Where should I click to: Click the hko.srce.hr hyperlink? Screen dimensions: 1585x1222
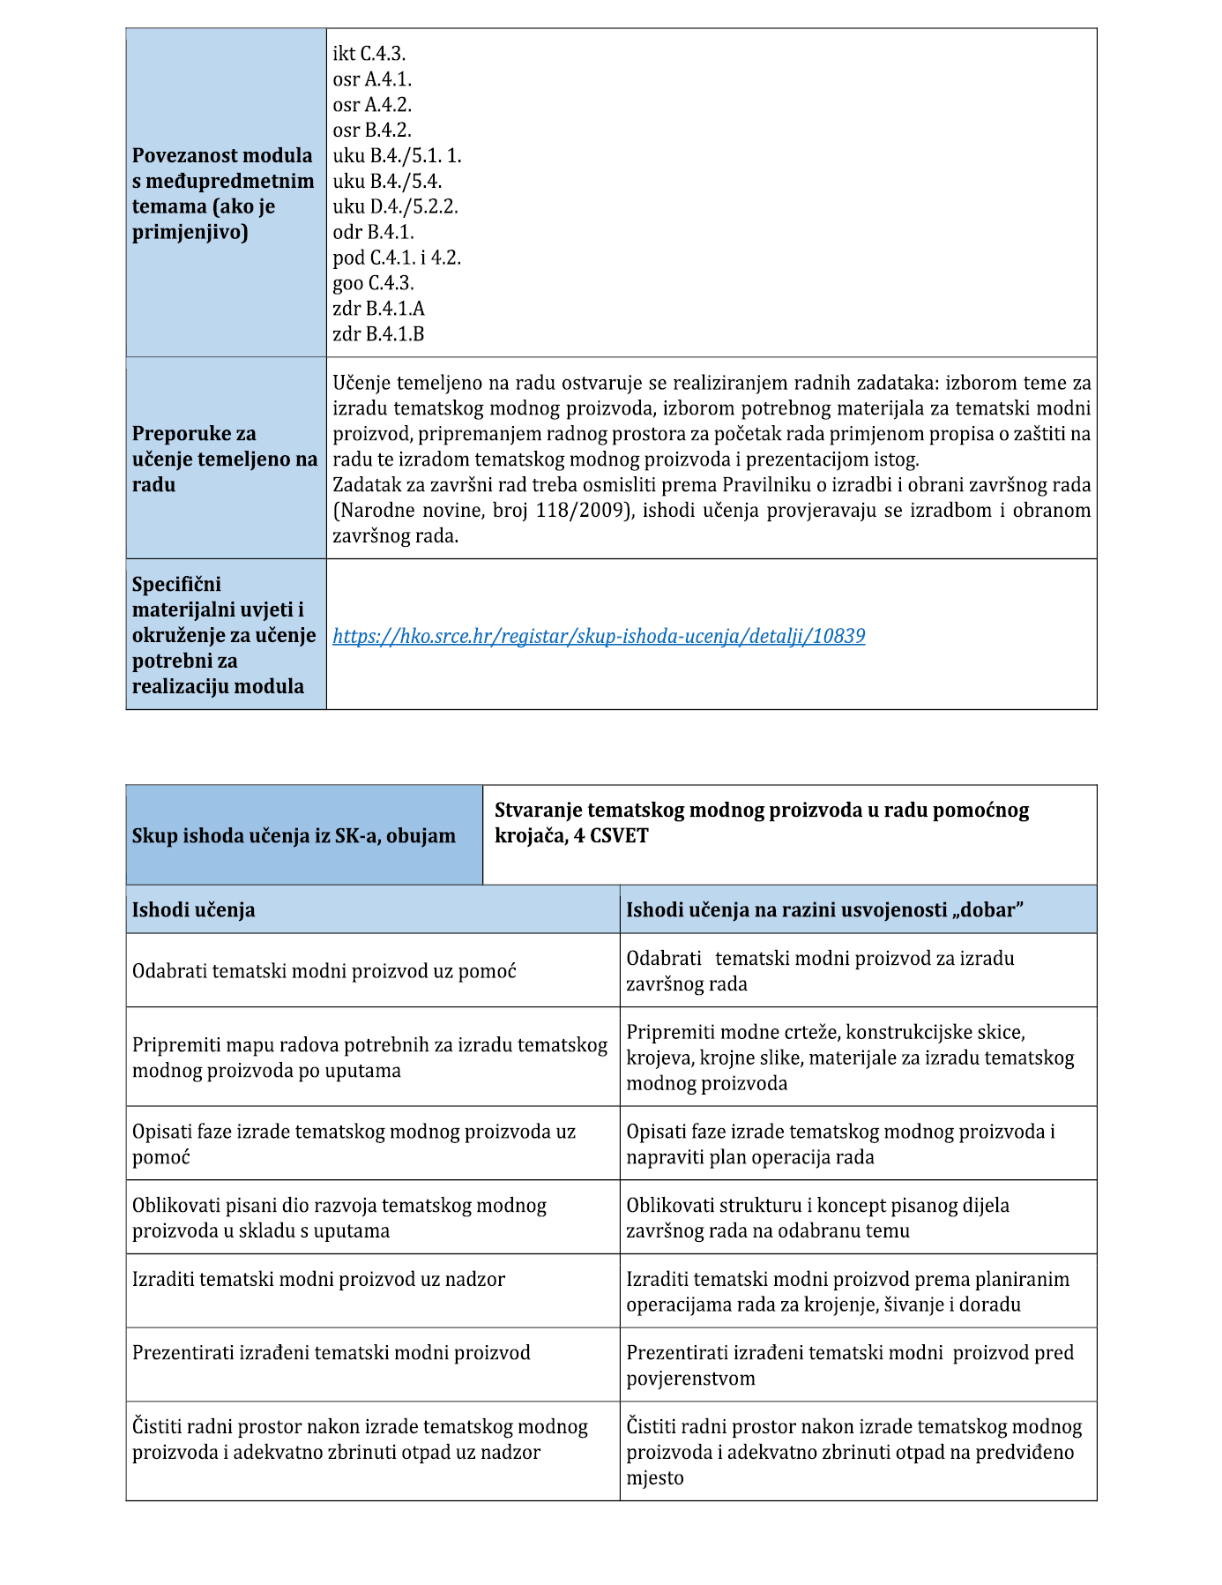click(599, 636)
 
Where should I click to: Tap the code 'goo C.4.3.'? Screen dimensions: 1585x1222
click(373, 283)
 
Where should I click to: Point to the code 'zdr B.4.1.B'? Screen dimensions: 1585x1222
click(378, 334)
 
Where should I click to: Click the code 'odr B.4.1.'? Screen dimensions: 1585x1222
click(373, 232)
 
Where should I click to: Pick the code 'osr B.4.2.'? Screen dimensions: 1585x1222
click(372, 131)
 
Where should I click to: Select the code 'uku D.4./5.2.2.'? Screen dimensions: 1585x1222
click(395, 206)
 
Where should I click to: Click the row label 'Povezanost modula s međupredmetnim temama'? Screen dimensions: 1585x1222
click(223, 193)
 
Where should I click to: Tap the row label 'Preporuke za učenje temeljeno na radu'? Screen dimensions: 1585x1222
click(224, 459)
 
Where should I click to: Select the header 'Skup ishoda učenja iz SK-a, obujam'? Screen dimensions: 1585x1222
click(294, 836)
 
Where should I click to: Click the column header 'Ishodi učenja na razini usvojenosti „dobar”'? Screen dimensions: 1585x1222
click(824, 910)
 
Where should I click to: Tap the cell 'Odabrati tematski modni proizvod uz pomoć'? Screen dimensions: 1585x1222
click(324, 971)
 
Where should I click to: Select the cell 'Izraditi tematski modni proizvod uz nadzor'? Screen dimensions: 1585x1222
click(318, 1279)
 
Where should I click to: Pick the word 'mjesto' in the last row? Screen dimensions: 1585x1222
click(655, 1477)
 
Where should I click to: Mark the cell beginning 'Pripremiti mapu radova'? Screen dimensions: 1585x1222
click(369, 1058)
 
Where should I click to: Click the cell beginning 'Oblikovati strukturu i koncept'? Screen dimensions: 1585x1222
click(817, 1218)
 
